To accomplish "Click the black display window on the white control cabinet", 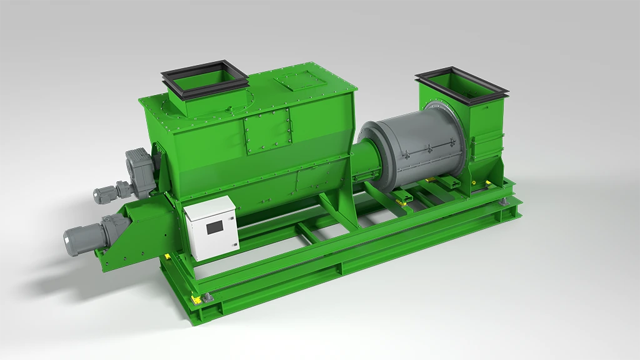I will pos(214,226).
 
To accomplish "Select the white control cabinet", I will pos(211,228).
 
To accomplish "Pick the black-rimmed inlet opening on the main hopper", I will pos(204,78).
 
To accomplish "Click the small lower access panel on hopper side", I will pos(311,179).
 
